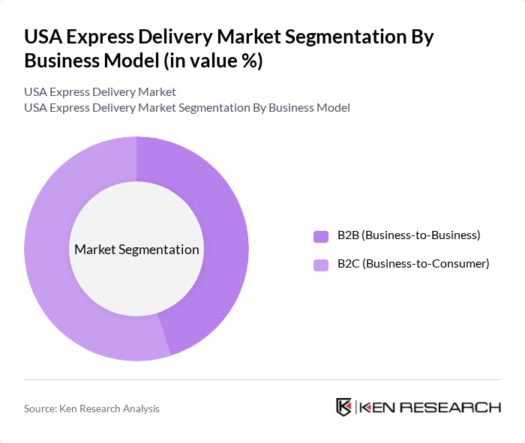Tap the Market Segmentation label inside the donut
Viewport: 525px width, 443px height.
coord(136,250)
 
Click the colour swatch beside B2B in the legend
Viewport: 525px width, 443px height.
coord(321,236)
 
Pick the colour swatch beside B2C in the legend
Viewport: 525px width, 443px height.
coord(321,265)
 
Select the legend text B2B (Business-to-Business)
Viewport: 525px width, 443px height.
coord(409,235)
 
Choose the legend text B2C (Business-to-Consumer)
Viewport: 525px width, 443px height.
coord(413,264)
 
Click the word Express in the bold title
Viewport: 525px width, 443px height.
coord(97,37)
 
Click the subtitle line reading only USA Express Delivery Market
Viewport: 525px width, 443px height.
coord(100,92)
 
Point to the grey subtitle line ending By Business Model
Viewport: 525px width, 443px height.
coord(187,108)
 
